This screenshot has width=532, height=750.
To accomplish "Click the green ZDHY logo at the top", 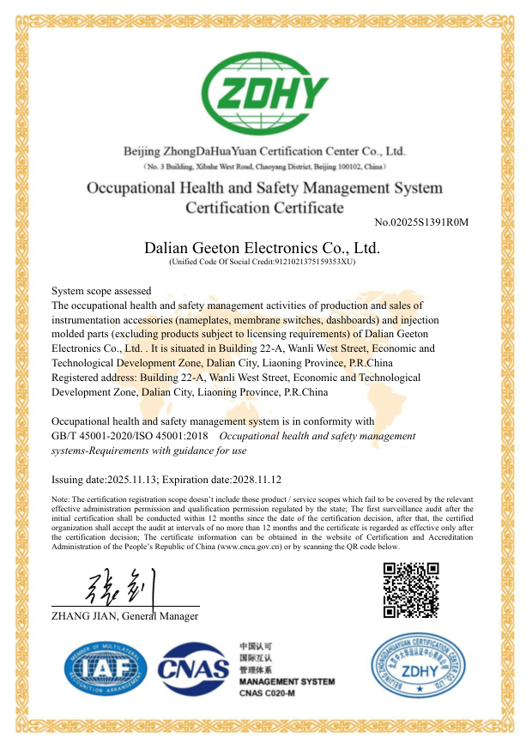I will click(264, 91).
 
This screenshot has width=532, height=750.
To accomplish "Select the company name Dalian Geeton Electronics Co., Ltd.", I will click(263, 248).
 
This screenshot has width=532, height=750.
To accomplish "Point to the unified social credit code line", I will click(263, 261).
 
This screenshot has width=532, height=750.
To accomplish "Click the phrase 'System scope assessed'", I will click(101, 291).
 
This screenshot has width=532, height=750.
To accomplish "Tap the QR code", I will click(410, 590).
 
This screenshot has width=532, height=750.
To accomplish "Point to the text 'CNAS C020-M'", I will click(266, 693).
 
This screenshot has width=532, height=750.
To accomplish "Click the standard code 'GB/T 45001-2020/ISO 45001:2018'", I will click(136, 436).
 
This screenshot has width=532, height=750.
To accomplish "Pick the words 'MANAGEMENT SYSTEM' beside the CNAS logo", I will click(287, 681).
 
